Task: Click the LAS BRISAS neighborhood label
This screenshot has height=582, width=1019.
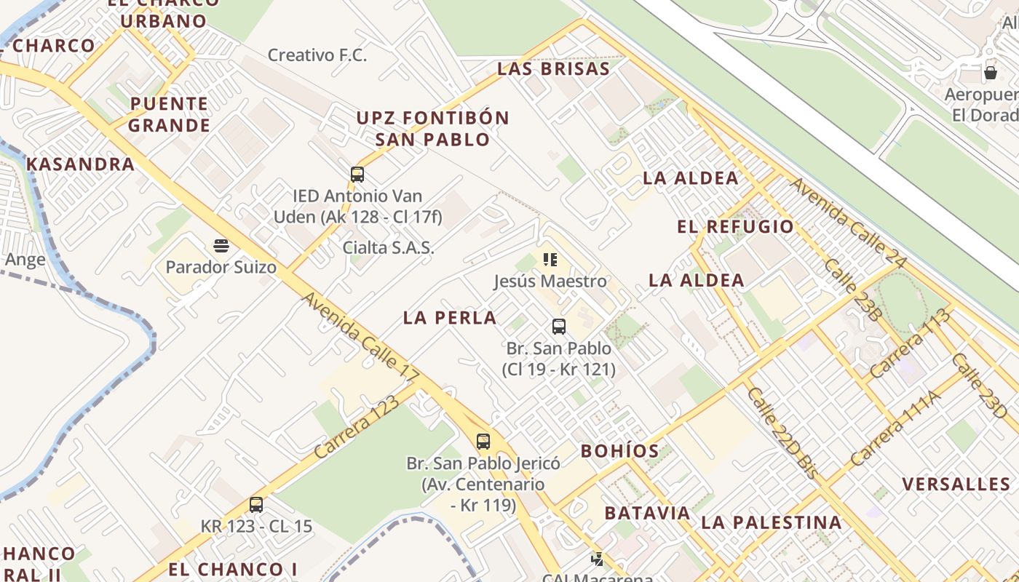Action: coord(553,69)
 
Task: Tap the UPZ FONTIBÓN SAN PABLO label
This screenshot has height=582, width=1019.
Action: coord(432,128)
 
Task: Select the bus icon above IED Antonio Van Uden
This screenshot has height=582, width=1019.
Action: coord(357,175)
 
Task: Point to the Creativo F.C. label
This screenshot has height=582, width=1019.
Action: coord(317,55)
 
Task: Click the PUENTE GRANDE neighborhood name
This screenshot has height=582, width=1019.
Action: coord(169,114)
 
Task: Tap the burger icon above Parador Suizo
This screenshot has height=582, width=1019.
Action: coord(221,245)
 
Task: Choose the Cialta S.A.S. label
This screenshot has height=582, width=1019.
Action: coord(388,247)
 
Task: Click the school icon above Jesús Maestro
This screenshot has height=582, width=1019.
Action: coord(550,260)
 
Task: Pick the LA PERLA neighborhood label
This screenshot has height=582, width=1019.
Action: coord(450,317)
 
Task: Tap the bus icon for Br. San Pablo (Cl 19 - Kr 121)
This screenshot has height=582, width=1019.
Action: coord(558,327)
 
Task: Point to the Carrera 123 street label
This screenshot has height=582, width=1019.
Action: coord(357,426)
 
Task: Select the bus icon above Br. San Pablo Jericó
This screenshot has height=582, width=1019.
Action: coord(483,442)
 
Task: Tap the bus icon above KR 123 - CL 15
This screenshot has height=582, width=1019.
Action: coord(255,504)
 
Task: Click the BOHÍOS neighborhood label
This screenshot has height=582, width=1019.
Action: coord(619,451)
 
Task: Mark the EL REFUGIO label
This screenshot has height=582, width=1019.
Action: coord(735,227)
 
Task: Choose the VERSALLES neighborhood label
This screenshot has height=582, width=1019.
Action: coord(956,485)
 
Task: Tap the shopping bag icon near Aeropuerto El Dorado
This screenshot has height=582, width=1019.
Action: coord(990,73)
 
